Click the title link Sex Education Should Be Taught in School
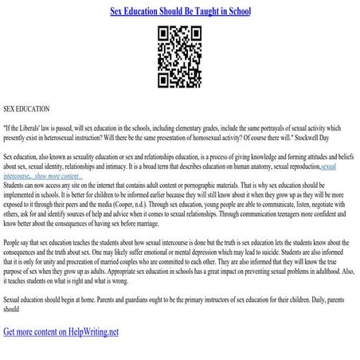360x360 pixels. click(x=179, y=12)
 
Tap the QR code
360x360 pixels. click(x=179, y=57)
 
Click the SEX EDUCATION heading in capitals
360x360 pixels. click(x=26, y=108)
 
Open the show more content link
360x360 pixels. click(x=49, y=175)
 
